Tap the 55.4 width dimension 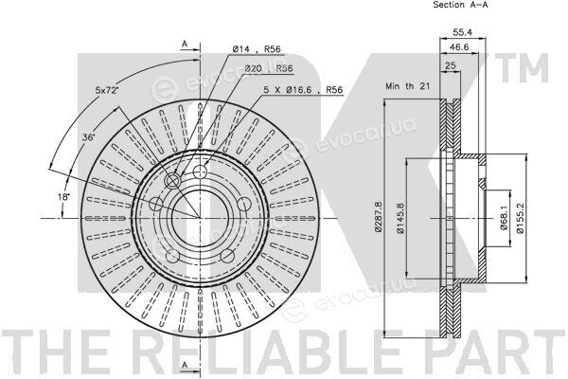(x=463, y=32)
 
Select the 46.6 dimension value (x=458, y=46)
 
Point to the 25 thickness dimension (x=450, y=65)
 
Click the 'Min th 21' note (x=407, y=86)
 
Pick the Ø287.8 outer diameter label (x=378, y=217)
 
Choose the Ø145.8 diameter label (x=399, y=218)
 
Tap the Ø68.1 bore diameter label (x=504, y=218)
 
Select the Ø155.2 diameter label (x=520, y=218)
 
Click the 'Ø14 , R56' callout (x=257, y=49)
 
